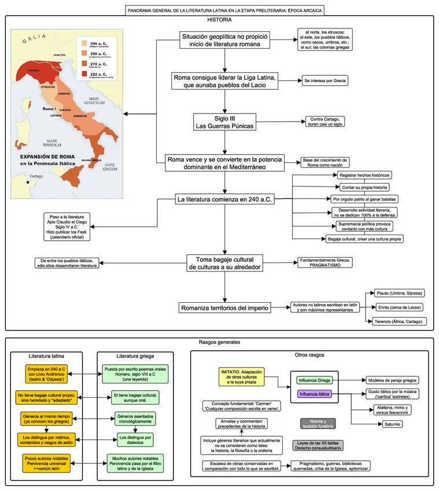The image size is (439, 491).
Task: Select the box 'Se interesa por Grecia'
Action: (325, 81)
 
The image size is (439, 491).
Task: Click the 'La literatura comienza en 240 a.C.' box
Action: (225, 200)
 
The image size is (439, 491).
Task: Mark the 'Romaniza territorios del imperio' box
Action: (224, 307)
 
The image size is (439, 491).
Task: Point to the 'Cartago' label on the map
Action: (36, 176)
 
